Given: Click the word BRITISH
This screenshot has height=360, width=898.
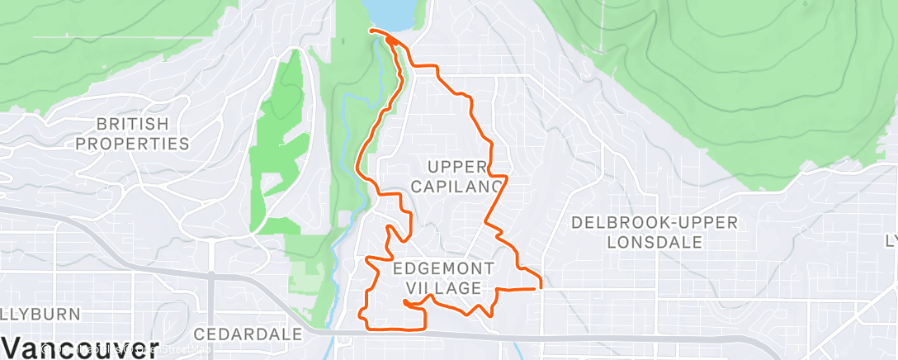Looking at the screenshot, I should click(133, 125).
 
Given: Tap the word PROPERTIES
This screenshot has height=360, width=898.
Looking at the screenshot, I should click(133, 144).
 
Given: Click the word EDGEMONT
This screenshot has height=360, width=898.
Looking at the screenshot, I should click(444, 268).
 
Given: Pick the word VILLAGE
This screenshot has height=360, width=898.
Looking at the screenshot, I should click(444, 287).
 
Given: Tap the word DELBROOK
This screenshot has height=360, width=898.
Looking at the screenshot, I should click(612, 223).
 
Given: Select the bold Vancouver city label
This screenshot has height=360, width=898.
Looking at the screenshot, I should click(79, 348).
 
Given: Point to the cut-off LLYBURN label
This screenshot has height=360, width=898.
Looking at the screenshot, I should click(40, 314).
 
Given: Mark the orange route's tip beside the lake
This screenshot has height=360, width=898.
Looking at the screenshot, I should click(371, 31).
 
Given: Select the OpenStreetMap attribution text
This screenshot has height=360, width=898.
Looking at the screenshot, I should click(124, 352).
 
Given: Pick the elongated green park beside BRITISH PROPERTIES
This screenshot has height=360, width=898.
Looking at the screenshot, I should click(276, 149).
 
